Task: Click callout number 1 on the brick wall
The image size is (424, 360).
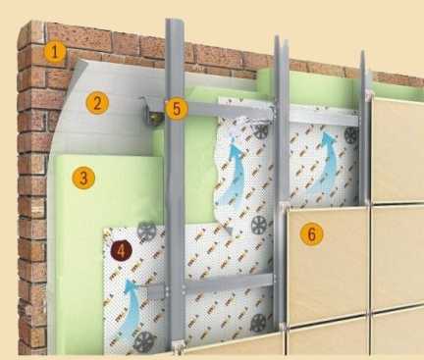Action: [x=55, y=51]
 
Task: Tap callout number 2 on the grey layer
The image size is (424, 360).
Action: [x=97, y=103]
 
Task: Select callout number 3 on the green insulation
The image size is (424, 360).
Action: [x=83, y=178]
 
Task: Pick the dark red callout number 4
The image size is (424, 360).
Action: [x=121, y=251]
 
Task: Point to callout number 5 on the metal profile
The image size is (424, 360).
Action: [x=177, y=109]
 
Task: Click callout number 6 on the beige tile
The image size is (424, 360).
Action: [x=311, y=234]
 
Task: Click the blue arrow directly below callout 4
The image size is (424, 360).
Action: [x=129, y=309]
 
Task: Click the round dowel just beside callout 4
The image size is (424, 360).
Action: [x=146, y=231]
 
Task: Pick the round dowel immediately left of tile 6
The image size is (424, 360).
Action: [x=260, y=225]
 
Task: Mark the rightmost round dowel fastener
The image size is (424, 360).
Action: [x=351, y=134]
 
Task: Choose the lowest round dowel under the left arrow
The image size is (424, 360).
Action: [x=144, y=341]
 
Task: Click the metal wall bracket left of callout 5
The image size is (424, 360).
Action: [x=150, y=112]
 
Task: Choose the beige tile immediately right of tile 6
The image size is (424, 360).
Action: [x=397, y=254]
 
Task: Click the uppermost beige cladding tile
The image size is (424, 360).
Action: [x=398, y=149]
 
